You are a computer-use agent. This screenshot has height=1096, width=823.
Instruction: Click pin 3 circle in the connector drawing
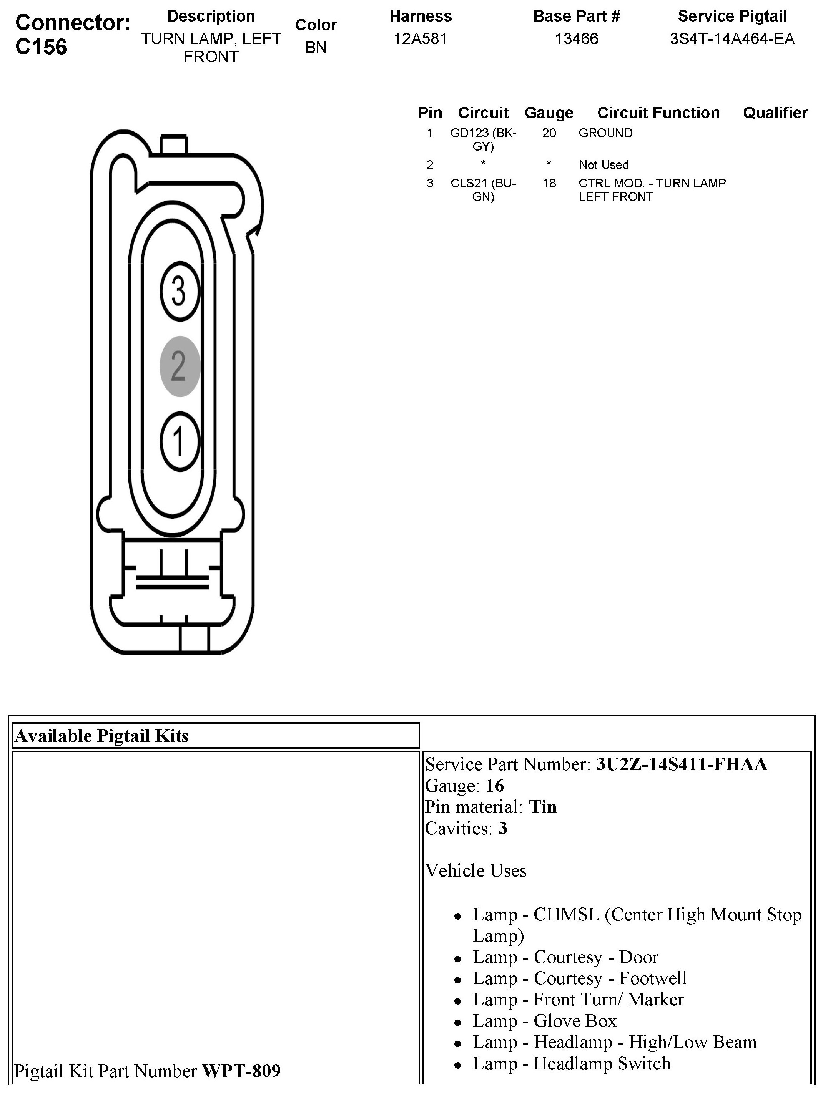[180, 291]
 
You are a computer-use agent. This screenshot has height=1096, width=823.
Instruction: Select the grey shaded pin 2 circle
[180, 366]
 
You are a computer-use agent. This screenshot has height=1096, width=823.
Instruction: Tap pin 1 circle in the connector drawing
[180, 441]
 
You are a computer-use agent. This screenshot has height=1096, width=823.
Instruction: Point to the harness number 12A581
[421, 39]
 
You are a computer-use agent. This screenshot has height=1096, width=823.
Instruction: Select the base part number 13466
[577, 39]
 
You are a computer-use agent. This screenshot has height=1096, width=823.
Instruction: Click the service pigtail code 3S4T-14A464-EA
[732, 39]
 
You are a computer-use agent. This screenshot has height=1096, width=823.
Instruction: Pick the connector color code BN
[316, 48]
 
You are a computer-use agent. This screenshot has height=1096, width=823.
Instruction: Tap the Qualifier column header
[775, 113]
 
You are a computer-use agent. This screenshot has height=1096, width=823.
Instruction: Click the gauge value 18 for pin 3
[549, 183]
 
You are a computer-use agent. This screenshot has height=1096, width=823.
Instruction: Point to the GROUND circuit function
[605, 133]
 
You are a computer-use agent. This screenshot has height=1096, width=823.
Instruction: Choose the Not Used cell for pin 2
[604, 165]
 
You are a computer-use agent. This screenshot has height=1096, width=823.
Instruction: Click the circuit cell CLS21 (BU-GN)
[484, 190]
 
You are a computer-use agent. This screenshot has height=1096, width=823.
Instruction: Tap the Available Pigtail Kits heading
[101, 736]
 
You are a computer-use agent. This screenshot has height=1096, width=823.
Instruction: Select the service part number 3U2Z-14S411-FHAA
[681, 764]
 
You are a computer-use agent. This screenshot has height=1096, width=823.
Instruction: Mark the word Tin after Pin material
[543, 807]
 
